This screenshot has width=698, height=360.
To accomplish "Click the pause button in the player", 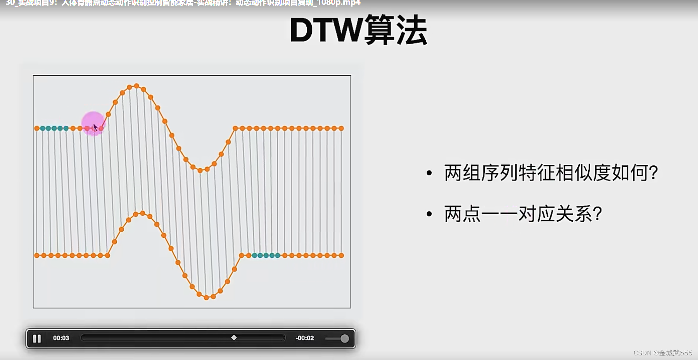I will [37, 339].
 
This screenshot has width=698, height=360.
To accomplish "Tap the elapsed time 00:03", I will [61, 338].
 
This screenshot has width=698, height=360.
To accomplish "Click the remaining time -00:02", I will [304, 338].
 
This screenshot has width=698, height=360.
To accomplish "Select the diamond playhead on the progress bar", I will [234, 337].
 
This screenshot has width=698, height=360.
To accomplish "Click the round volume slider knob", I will [344, 339].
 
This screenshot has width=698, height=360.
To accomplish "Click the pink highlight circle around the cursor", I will [93, 122].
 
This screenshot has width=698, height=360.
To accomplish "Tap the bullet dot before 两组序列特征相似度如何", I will [429, 173].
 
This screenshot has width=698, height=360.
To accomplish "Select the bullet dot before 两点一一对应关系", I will [429, 214].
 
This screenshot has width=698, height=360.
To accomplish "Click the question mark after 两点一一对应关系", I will [598, 214].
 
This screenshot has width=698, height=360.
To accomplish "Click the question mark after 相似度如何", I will [653, 173].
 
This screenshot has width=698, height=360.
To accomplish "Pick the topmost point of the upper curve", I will [136, 86].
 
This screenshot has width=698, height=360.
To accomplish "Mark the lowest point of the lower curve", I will [206, 298].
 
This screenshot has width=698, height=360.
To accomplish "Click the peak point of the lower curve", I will [143, 213].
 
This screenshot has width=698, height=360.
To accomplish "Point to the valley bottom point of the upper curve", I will [200, 170].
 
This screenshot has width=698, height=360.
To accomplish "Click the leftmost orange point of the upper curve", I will [37, 128].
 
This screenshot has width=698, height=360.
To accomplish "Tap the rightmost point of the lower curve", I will [341, 255].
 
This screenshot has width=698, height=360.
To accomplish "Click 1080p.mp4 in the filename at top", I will [339, 3].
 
